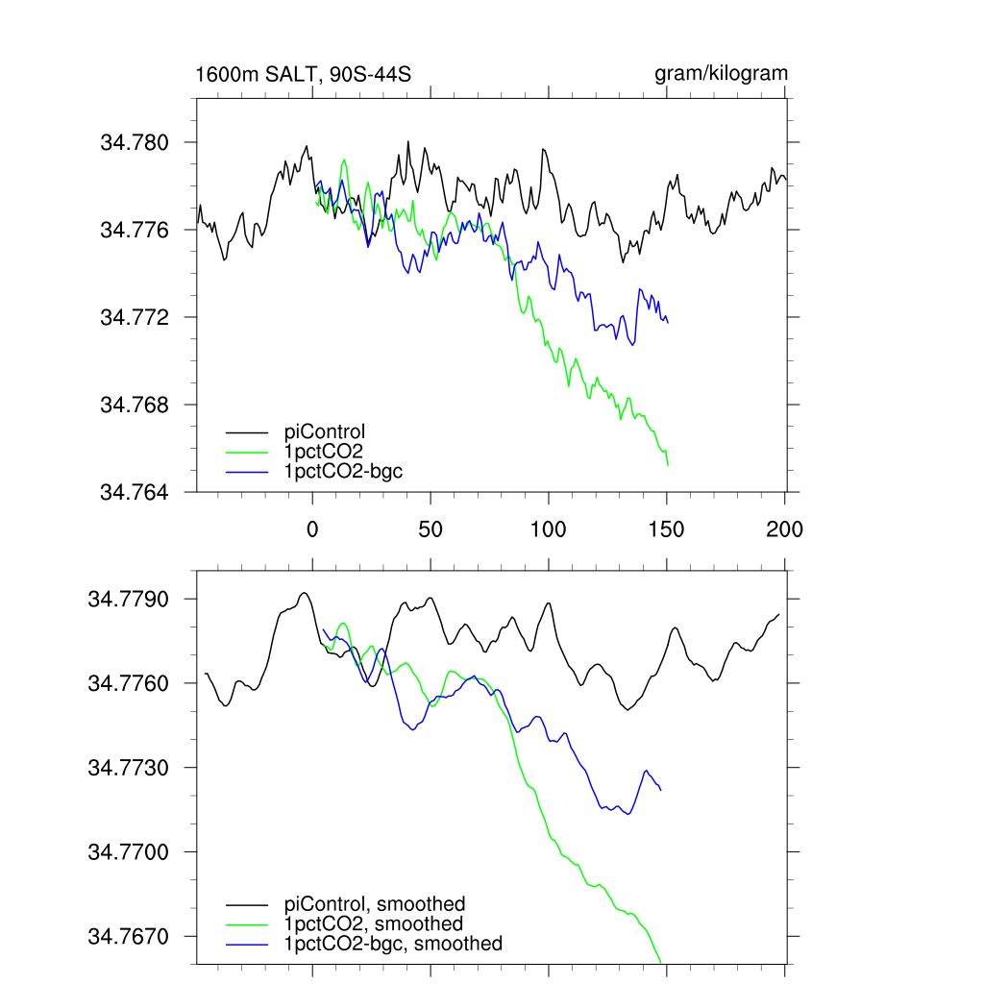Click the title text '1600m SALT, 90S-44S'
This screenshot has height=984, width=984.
pyautogui.click(x=304, y=74)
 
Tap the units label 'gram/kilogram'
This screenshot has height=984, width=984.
pyautogui.click(x=721, y=73)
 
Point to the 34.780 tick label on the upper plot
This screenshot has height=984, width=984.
pyautogui.click(x=135, y=143)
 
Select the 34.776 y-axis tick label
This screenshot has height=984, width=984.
pyautogui.click(x=135, y=231)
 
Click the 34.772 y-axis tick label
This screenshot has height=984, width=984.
pyautogui.click(x=135, y=318)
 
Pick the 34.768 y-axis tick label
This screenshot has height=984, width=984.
pyautogui.click(x=135, y=406)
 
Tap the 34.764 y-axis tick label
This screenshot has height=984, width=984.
pyautogui.click(x=135, y=493)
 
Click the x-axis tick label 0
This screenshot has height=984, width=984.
pyautogui.click(x=312, y=529)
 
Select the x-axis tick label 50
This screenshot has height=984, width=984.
pyautogui.click(x=430, y=529)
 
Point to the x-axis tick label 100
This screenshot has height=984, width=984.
pyautogui.click(x=549, y=529)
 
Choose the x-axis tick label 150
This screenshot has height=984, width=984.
pyautogui.click(x=667, y=529)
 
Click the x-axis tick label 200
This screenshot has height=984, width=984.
pyautogui.click(x=785, y=529)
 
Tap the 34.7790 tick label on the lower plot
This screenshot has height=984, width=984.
pyautogui.click(x=128, y=600)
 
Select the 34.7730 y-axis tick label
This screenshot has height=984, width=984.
pyautogui.click(x=128, y=769)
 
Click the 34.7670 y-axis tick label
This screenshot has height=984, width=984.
pyautogui.click(x=128, y=937)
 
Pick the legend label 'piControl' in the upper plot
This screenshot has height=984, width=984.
pyautogui.click(x=325, y=431)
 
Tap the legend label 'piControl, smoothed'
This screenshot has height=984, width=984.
pyautogui.click(x=375, y=903)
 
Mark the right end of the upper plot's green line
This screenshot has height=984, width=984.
pyautogui.click(x=667, y=465)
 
